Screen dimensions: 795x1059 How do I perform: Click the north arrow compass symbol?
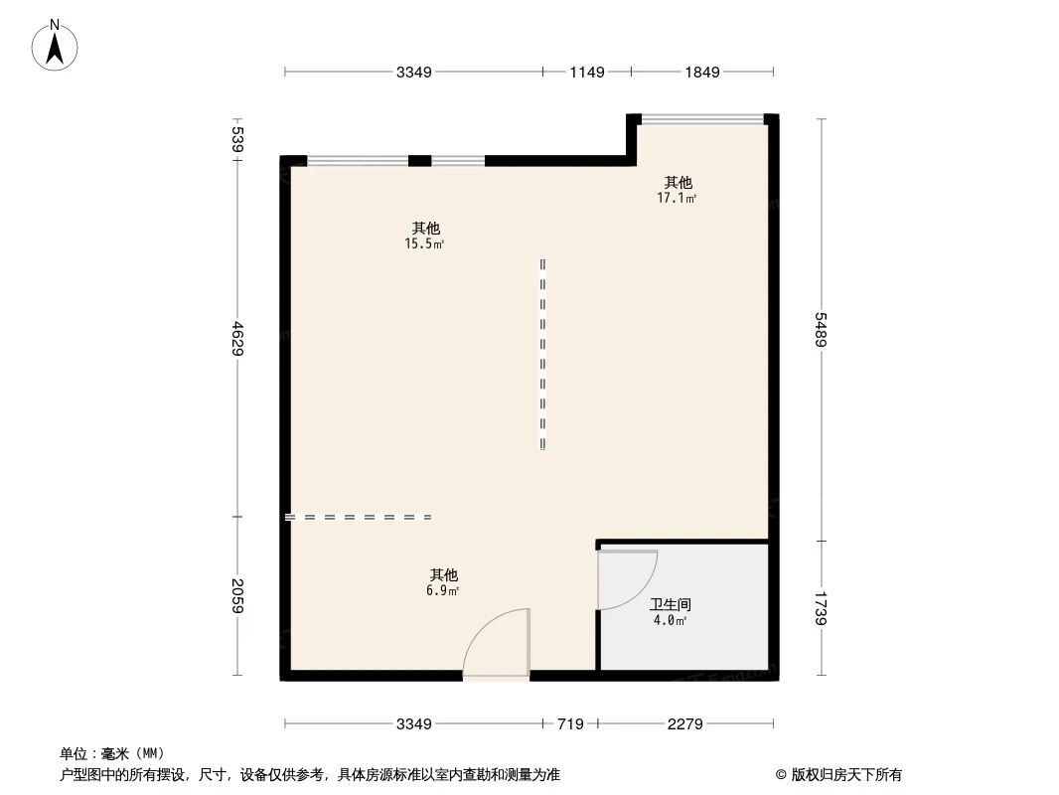click(57, 44)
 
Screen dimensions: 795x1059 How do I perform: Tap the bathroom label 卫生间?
click(670, 604)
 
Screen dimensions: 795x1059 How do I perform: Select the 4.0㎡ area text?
click(670, 620)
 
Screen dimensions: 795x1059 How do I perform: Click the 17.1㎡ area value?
click(677, 198)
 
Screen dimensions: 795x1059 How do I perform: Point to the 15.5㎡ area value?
click(423, 243)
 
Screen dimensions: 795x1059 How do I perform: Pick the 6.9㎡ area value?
click(443, 590)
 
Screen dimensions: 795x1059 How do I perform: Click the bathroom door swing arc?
click(628, 580)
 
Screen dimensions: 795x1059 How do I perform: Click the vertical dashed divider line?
click(542, 354)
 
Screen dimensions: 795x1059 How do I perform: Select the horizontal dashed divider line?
click(358, 517)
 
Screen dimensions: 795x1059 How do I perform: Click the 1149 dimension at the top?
click(586, 72)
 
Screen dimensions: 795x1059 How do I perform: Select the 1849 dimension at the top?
click(701, 72)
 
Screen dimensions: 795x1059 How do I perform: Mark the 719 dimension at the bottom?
click(569, 724)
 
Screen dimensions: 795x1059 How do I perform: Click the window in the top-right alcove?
click(702, 118)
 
